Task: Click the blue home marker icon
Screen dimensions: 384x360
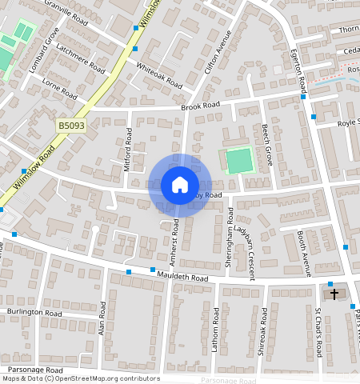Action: [x=180, y=186]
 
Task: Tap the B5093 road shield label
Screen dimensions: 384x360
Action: [x=71, y=126]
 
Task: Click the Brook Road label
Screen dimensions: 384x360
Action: [x=200, y=106]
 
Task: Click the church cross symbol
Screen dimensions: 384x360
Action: [x=334, y=294]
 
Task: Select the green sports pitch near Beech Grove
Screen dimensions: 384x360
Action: [x=238, y=162]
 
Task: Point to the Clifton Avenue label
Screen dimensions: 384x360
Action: [x=218, y=53]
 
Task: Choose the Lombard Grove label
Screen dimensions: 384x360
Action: [x=44, y=50]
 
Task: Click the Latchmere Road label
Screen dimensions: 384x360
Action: [x=82, y=58]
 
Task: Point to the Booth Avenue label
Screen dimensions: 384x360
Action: [x=304, y=253]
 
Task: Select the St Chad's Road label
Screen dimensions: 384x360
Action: [x=318, y=333]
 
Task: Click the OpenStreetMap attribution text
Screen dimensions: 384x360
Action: [x=81, y=378]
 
